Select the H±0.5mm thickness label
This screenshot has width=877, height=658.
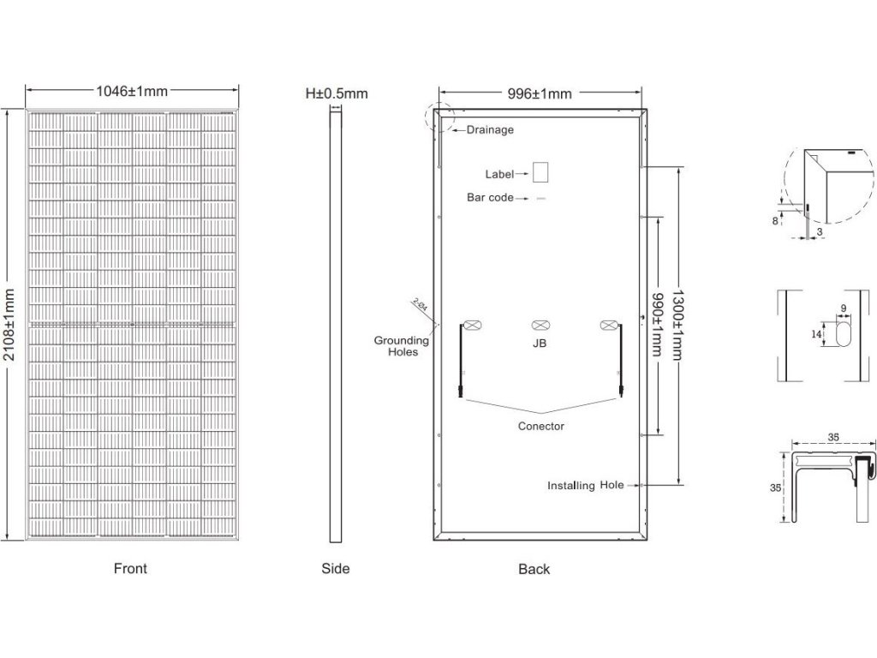click(337, 93)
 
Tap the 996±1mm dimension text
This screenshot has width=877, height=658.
click(540, 93)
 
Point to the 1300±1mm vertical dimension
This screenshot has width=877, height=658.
click(678, 324)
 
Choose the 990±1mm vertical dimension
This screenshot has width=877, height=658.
click(658, 324)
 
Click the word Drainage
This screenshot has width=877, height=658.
click(490, 130)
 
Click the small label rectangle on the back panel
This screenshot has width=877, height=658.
click(540, 171)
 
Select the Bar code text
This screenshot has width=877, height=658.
click(490, 198)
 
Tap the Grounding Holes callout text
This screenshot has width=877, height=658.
click(400, 346)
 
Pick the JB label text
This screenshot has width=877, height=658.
click(540, 343)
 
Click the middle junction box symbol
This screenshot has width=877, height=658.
click(540, 326)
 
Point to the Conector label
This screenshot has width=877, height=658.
click(541, 426)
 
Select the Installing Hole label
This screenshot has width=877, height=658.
click(586, 486)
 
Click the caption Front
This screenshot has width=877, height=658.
click(130, 569)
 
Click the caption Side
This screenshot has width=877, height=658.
click(336, 569)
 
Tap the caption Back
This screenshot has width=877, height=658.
click(534, 569)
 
